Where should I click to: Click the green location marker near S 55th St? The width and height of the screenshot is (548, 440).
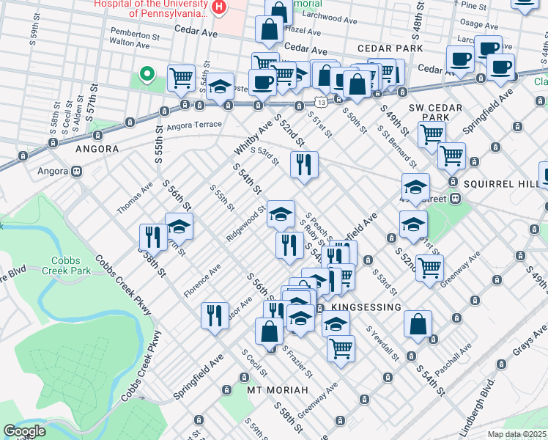coord(147,73)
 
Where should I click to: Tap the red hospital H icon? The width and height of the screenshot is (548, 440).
coord(218,7)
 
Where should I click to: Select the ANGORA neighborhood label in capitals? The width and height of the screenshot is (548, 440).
coord(96,149)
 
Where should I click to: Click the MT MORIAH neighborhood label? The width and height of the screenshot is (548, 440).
coord(275,390)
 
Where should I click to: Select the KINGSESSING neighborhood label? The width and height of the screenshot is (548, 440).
coord(366,307)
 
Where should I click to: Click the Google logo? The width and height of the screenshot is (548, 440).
coord(24,431)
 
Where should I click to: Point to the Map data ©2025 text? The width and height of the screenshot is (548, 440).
coord(516,434)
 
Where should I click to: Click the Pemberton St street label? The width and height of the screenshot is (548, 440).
coord(134,34)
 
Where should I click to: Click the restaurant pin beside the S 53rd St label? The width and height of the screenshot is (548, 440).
coord(304,164)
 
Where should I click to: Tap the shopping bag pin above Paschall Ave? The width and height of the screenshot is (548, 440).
coord(418,323)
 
